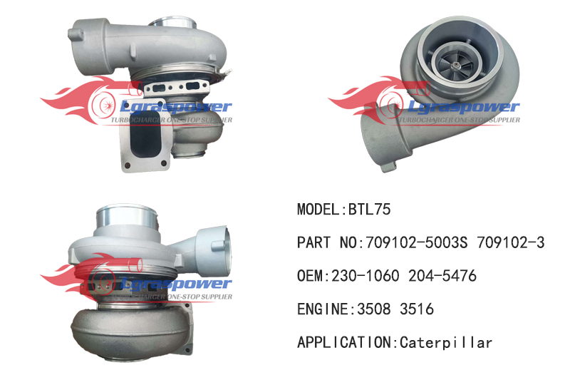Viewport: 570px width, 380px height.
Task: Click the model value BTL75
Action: coord(369,209)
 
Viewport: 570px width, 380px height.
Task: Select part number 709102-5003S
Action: coord(417,242)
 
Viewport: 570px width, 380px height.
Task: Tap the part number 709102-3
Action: coord(511,242)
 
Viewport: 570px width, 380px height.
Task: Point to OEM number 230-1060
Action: coord(366,276)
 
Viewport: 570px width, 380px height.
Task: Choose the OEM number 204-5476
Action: coord(442,276)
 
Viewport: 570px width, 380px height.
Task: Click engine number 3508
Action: coord(374,309)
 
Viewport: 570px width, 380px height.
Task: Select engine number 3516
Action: coord(417,309)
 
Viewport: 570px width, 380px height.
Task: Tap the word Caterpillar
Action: coord(446,342)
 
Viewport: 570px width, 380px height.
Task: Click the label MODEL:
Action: coord(323,209)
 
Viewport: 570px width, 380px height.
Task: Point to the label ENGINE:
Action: coord(327,309)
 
